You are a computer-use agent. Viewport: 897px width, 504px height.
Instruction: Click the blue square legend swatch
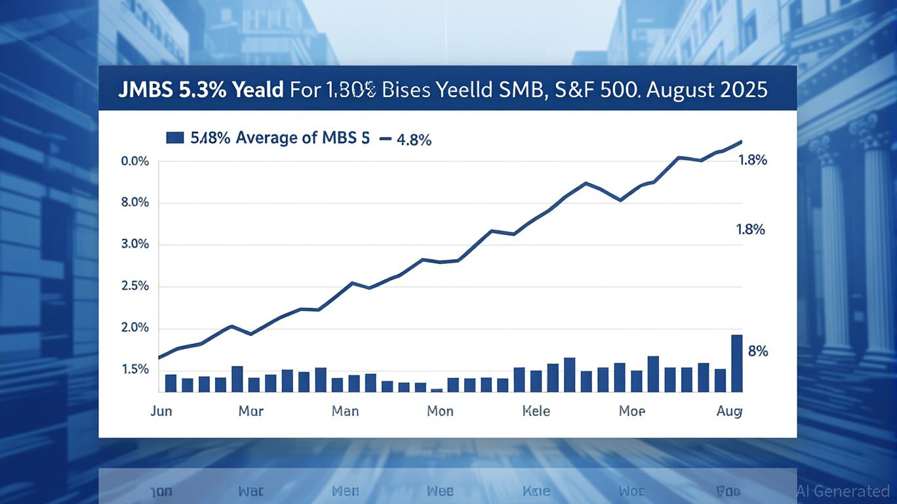coord(174,137)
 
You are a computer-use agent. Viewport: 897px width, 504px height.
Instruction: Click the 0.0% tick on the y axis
coord(135,161)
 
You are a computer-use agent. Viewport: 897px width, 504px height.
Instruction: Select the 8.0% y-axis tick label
coord(135,203)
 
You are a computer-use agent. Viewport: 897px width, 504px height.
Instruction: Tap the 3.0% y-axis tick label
coord(135,245)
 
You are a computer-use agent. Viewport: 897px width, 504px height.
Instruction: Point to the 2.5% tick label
coord(135,287)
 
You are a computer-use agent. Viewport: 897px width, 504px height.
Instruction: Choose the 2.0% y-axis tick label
coord(135,328)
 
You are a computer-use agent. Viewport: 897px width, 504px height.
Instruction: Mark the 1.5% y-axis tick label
coord(135,370)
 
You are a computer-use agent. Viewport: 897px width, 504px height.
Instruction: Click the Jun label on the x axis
coord(161,411)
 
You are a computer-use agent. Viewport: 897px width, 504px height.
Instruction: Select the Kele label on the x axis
coord(536,411)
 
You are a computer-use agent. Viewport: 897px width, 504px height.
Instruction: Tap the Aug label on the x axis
coord(729,411)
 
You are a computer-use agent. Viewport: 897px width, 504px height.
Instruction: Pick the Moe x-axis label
coord(632,411)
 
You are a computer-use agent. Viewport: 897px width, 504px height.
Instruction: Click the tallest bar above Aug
coord(736,363)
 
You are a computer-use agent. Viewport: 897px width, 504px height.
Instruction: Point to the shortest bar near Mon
coord(437,390)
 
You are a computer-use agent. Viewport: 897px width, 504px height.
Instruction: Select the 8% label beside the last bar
coord(757,351)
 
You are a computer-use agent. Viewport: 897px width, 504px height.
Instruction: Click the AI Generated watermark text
coord(843,491)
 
